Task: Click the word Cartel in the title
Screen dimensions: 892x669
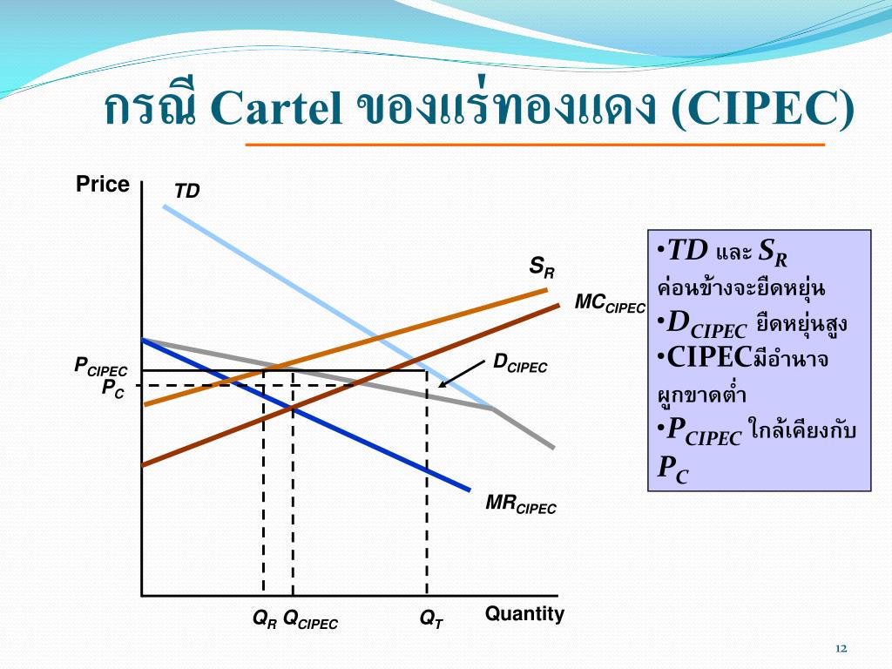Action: click(276, 107)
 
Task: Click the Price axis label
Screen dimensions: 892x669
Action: click(103, 185)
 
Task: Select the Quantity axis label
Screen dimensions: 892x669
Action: click(524, 614)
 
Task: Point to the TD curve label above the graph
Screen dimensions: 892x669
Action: click(186, 191)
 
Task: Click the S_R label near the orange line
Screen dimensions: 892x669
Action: click(542, 267)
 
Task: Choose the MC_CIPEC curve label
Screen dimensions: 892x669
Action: click(610, 303)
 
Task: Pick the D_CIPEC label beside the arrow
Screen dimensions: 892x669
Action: click(520, 363)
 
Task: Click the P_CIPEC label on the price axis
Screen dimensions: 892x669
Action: click(101, 367)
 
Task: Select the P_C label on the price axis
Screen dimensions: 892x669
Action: click(112, 389)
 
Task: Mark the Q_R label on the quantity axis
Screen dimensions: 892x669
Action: click(265, 619)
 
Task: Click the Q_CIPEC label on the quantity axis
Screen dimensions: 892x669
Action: click(310, 619)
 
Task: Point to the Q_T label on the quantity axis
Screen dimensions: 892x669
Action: click(431, 619)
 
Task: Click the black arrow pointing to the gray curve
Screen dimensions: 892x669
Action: click(462, 374)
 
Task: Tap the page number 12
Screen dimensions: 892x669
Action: click(841, 648)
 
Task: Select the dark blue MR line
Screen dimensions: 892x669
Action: click(306, 415)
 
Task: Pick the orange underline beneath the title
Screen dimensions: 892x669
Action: click(535, 145)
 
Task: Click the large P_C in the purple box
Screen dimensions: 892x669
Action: click(672, 470)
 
